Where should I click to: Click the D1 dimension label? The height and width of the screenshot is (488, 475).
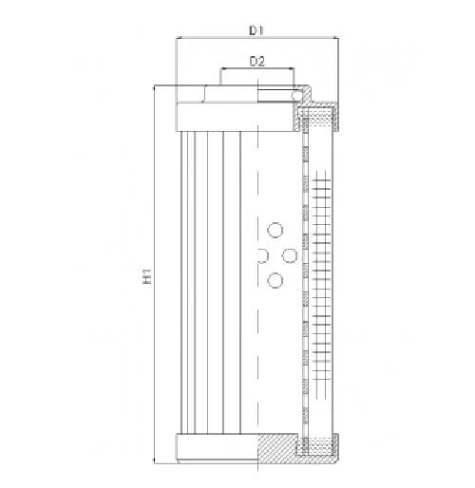click(256, 30)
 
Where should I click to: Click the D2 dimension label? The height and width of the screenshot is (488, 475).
click(257, 61)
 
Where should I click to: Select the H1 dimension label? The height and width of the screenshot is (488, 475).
click(147, 276)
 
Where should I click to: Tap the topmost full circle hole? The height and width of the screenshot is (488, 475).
click(275, 230)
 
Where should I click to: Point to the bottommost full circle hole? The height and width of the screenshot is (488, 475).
click(275, 280)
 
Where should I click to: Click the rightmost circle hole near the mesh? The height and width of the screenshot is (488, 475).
click(290, 255)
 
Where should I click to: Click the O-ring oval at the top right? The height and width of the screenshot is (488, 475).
click(297, 95)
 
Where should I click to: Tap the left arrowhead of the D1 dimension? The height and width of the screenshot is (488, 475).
click(179, 38)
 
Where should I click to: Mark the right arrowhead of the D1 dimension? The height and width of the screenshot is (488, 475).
click(335, 38)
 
